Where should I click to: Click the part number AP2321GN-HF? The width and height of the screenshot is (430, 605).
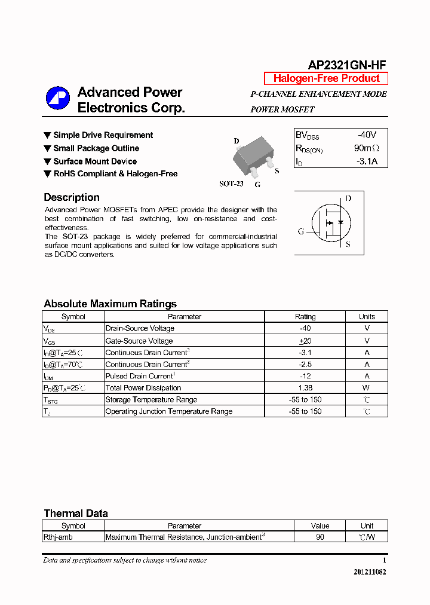347,66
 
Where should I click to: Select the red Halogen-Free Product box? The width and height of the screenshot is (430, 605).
326,78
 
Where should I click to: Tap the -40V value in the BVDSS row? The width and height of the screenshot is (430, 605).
367,135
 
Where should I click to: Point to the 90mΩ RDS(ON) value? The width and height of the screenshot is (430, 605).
366,148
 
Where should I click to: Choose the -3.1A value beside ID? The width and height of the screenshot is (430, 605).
367,161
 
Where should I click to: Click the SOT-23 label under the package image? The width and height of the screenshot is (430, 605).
231,184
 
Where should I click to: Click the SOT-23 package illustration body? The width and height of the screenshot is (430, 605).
251,157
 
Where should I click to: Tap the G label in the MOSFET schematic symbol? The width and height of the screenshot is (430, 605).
301,231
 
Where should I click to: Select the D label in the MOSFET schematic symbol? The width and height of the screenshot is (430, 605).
348,198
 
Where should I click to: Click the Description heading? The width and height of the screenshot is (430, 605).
72,197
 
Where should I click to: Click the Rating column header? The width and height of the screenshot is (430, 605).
305,317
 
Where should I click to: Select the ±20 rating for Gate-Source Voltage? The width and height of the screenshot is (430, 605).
305,341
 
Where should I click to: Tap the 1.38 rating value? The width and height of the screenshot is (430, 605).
305,388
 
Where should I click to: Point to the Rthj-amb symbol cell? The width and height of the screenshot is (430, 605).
58,537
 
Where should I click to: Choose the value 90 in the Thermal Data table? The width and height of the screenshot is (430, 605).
320,537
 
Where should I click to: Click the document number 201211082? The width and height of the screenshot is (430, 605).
370,572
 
